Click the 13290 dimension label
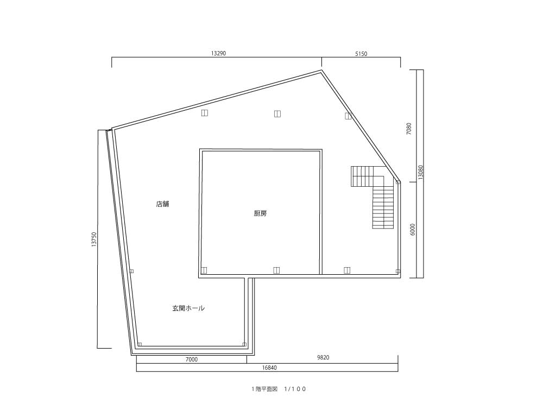pyautogui.click(x=218, y=54)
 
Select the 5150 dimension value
pyautogui.click(x=361, y=54)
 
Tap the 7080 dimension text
pyautogui.click(x=409, y=128)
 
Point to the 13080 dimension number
pyautogui.click(x=421, y=172)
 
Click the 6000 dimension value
pyautogui.click(x=412, y=230)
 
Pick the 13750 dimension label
pyautogui.click(x=93, y=239)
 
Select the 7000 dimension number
pyautogui.click(x=192, y=359)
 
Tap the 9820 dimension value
pyautogui.click(x=323, y=357)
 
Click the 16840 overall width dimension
pyautogui.click(x=269, y=368)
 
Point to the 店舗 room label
pyautogui.click(x=163, y=204)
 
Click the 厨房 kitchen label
pyautogui.click(x=260, y=213)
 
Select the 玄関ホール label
pyautogui.click(x=188, y=308)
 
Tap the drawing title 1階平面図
pyautogui.click(x=264, y=389)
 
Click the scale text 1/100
pyautogui.click(x=295, y=389)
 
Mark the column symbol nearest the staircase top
pyautogui.click(x=398, y=182)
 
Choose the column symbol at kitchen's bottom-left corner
pyautogui.click(x=204, y=270)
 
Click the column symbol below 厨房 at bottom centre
pyautogui.click(x=276, y=270)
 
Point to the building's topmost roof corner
pyautogui.click(x=321, y=70)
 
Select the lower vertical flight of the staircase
pyautogui.click(x=383, y=208)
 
